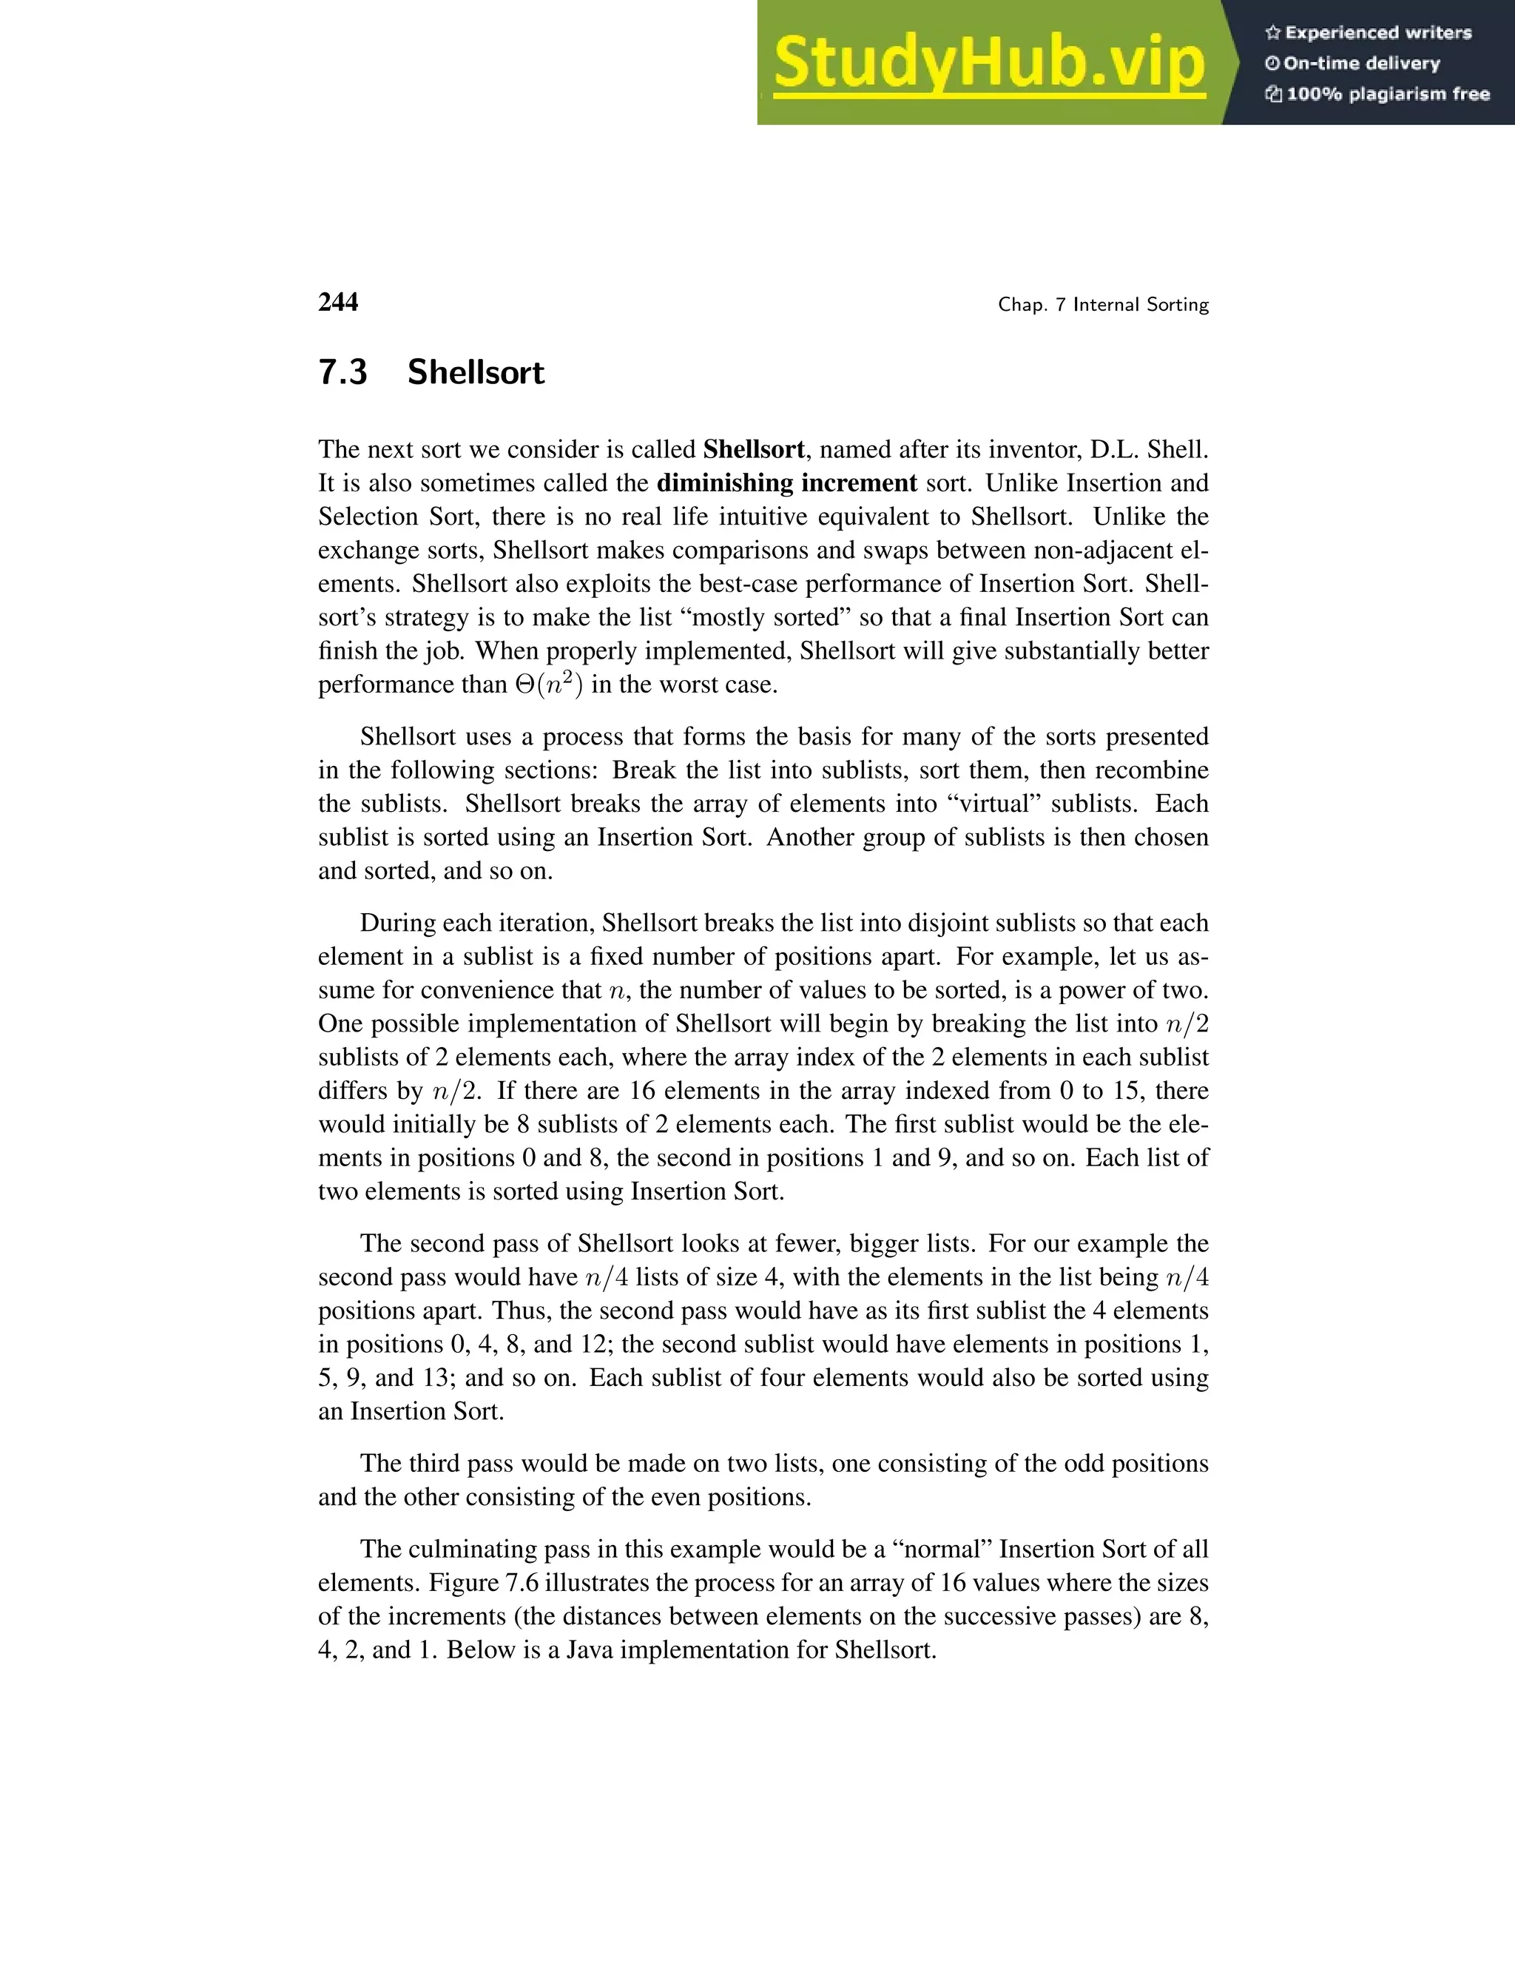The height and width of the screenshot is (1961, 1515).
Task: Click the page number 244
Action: [x=337, y=303]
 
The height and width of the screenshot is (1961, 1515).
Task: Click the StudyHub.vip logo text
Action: [x=988, y=63]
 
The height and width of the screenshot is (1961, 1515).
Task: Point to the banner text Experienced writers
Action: [x=1377, y=33]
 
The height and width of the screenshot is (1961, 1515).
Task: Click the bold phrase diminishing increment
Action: [x=786, y=483]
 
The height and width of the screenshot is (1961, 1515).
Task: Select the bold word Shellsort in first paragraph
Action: [x=754, y=450]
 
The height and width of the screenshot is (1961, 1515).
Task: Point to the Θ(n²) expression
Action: [x=550, y=685]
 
